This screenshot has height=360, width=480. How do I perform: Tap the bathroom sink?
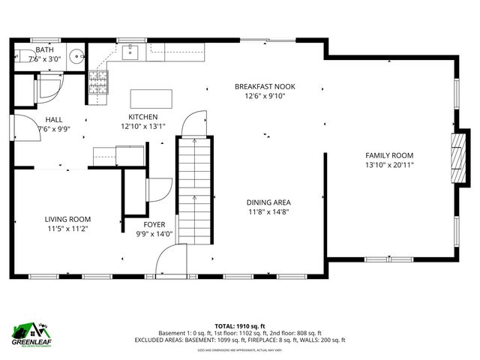pos(75,56)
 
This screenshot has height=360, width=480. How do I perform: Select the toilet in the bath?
pos(22,55)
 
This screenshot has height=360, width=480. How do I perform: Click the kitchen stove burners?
pos(98,81)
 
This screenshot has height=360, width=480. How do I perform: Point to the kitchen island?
pos(151,99)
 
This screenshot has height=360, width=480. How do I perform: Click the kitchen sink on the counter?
pos(130,51)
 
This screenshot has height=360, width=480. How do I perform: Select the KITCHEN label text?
pos(142,117)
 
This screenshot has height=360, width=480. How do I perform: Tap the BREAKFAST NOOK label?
pos(265,87)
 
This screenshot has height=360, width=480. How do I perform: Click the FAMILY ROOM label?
pos(389,155)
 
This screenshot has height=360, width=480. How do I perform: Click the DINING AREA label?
pos(268,202)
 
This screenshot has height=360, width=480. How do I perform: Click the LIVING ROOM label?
pos(68,220)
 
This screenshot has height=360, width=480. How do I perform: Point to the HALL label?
pos(53,119)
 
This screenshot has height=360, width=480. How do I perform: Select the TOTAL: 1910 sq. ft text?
pos(240,326)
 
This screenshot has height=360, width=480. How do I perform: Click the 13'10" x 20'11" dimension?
pos(389,165)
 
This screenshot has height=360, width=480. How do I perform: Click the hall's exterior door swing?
pos(23,126)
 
